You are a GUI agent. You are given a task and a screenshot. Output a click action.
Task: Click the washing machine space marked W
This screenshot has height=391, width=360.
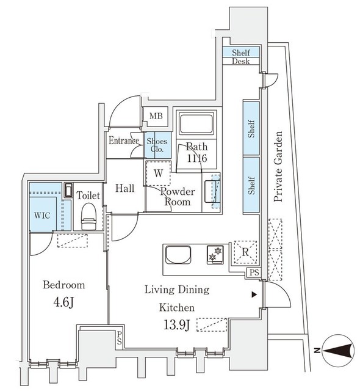[158, 173]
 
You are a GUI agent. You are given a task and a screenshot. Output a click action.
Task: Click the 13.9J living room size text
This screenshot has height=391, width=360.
[178, 324]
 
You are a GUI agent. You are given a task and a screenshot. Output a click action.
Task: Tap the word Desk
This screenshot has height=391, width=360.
[241, 62]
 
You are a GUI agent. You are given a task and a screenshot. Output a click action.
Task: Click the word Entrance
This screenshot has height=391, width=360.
[125, 141]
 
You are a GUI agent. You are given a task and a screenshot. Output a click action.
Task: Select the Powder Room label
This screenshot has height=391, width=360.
[178, 197]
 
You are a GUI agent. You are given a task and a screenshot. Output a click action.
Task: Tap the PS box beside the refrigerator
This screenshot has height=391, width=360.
[254, 272]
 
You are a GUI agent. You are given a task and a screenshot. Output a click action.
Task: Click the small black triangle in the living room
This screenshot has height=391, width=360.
[254, 295]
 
